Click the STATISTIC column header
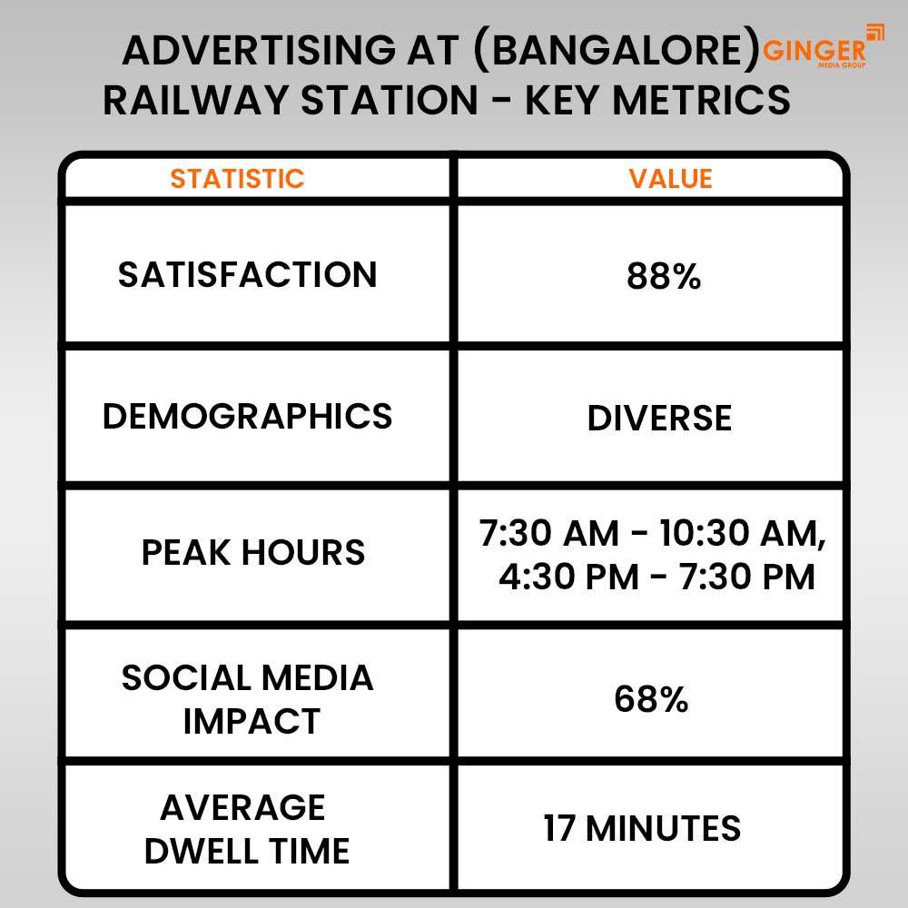point(237,178)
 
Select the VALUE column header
point(670,178)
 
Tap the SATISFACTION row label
point(247,274)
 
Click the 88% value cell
point(664,277)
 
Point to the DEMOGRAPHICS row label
point(247,416)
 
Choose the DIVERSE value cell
point(659,419)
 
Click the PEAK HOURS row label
point(252,552)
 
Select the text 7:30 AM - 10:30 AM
point(653,535)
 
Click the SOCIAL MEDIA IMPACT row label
point(247,699)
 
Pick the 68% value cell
point(651,699)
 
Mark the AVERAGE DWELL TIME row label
point(247,828)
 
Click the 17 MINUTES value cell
point(642,828)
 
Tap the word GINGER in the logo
point(814,52)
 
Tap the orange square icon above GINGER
point(874,32)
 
